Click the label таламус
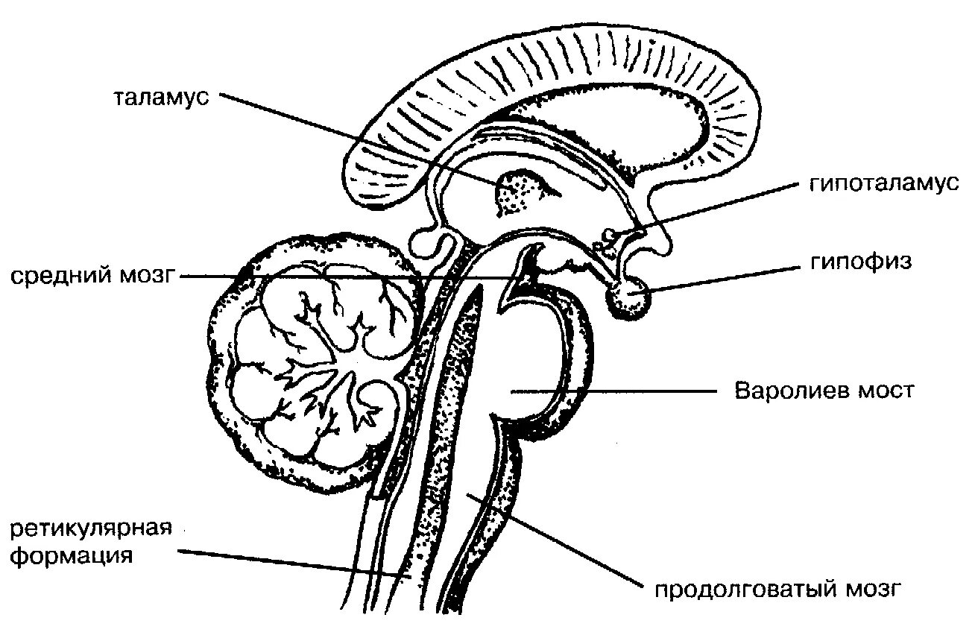coord(160,98)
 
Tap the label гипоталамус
coord(883,185)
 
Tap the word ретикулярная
coord(92,528)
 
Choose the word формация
coord(72,555)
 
